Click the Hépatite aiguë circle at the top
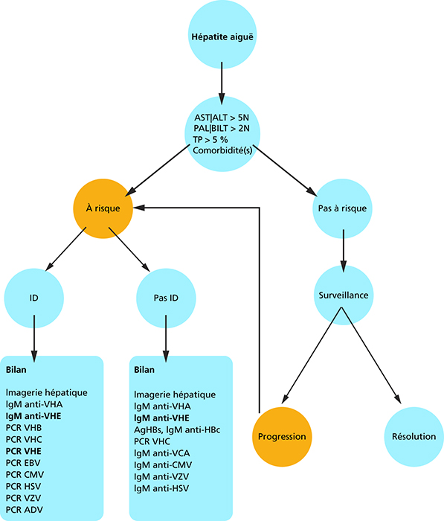[x=222, y=34]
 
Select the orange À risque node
[x=103, y=208]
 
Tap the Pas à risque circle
[x=342, y=208]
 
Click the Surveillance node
[x=344, y=295]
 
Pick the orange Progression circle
[x=282, y=437]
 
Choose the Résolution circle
[x=414, y=437]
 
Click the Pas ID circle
[x=166, y=298]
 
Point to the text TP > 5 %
[x=210, y=140]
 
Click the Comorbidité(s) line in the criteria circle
[x=222, y=150]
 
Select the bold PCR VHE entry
[x=24, y=451]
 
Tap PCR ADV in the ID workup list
[x=25, y=510]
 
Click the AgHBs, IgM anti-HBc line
[x=177, y=430]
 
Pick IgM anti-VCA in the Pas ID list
[x=161, y=453]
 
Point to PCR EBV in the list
[x=23, y=463]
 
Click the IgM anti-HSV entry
[x=161, y=488]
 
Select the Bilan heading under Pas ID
[x=144, y=370]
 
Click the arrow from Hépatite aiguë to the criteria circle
[x=222, y=83]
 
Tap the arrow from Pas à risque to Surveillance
[x=344, y=251]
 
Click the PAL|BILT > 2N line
[x=222, y=129]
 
